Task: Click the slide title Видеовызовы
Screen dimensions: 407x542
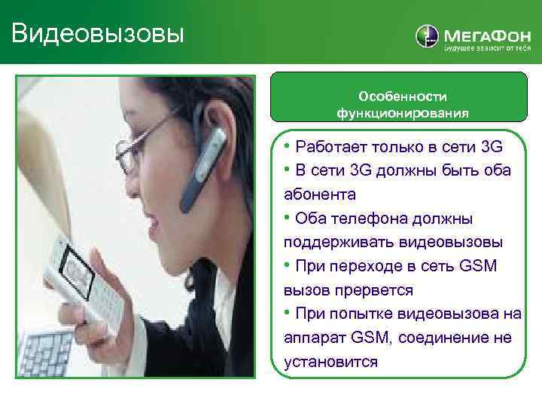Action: click(98, 32)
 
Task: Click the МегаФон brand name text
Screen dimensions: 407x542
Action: click(482, 34)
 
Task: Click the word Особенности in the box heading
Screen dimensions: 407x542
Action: click(403, 96)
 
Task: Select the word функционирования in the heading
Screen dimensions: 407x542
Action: click(403, 113)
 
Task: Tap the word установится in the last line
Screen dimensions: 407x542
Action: click(330, 362)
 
